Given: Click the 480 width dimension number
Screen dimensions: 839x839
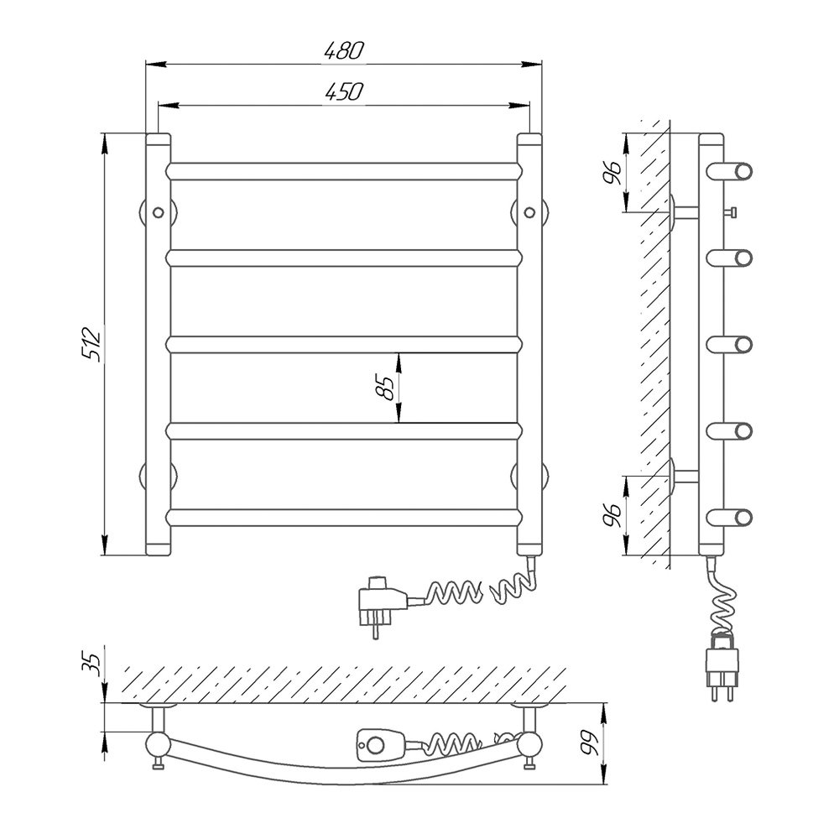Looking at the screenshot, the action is click(x=344, y=50).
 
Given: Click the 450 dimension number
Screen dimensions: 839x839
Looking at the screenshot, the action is click(x=344, y=92).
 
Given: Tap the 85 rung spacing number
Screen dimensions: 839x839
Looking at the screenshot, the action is click(x=385, y=388).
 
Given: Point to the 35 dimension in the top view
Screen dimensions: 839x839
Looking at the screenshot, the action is click(x=93, y=665).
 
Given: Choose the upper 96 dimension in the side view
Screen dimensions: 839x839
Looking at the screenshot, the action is click(x=612, y=172).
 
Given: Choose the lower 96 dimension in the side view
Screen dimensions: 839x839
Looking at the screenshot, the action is click(x=612, y=516).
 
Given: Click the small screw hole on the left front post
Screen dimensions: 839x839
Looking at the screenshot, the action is click(x=158, y=212).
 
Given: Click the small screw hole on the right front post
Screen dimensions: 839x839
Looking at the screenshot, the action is click(x=529, y=212).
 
